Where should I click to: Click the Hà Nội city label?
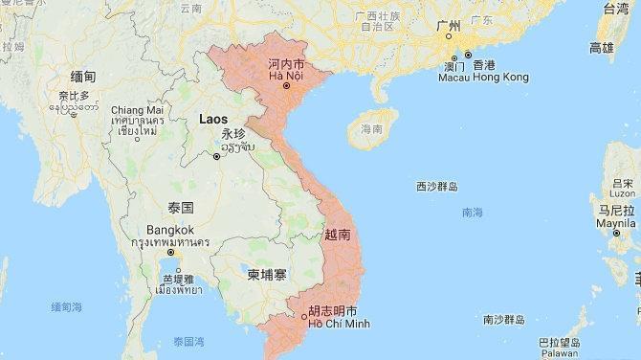tap(284, 76)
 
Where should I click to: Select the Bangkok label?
tap(170, 230)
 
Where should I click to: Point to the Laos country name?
tap(213, 119)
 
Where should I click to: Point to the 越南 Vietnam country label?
tap(338, 234)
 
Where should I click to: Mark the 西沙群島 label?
tap(437, 187)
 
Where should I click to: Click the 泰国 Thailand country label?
tap(180, 208)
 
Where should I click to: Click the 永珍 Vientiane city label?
tap(232, 134)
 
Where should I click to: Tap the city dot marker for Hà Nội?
tap(285, 87)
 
